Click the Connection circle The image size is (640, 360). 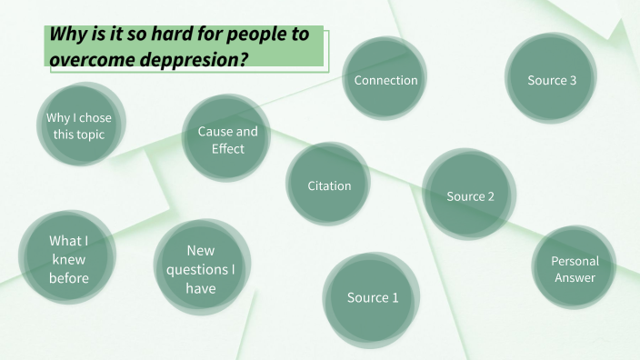tap(386, 80)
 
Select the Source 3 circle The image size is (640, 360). tap(552, 80)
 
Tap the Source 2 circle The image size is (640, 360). tap(470, 195)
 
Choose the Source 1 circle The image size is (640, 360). tap(373, 297)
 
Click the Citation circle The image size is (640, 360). tap(329, 185)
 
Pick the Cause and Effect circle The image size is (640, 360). tap(227, 139)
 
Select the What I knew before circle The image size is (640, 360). tap(69, 259)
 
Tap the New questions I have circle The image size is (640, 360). tap(201, 269)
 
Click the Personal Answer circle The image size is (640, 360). tap(575, 269)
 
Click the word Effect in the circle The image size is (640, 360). tap(228, 148)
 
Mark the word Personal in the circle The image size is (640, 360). tap(575, 261)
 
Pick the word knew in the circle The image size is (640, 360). tap(69, 259)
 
